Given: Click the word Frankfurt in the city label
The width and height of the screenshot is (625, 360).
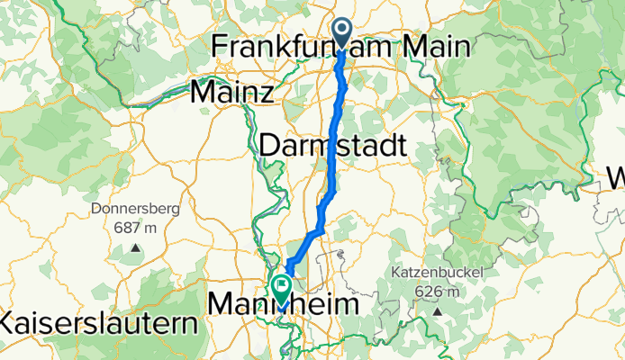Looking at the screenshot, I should (275, 46).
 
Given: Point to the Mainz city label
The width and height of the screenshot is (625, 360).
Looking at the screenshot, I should (232, 91).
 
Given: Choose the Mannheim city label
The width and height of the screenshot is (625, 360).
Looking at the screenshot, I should (282, 306).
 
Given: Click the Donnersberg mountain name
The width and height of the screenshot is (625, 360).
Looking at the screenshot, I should (135, 210).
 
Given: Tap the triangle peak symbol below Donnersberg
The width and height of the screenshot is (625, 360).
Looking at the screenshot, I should (135, 247).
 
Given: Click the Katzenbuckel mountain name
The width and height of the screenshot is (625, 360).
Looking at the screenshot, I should (437, 272).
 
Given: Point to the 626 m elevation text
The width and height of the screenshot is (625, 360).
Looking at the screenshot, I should (437, 291).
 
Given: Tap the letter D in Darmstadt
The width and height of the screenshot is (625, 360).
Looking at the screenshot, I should (270, 145).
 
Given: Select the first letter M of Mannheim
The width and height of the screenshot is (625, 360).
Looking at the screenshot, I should (222, 306).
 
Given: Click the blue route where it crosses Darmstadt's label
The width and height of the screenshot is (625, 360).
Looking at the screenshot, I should (337, 145).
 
